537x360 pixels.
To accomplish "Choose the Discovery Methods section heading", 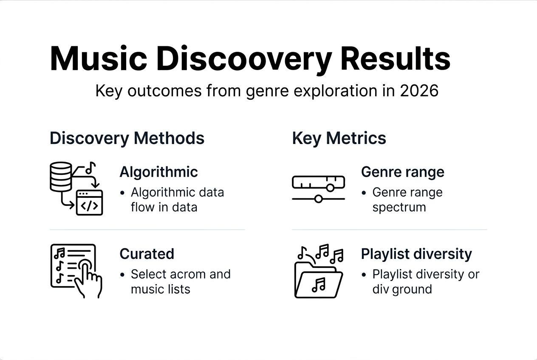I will pyautogui.click(x=127, y=138).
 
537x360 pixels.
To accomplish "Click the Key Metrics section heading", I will pyautogui.click(x=339, y=138).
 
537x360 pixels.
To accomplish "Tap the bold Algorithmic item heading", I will pyautogui.click(x=158, y=172).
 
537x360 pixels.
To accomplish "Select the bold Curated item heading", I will pyautogui.click(x=147, y=254).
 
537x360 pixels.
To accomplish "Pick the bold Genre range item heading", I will pyautogui.click(x=402, y=172).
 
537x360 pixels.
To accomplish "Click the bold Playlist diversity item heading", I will pyautogui.click(x=416, y=254).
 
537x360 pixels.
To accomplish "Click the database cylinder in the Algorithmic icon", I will pyautogui.click(x=61, y=176).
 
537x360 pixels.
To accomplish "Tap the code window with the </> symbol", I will pyautogui.click(x=89, y=203).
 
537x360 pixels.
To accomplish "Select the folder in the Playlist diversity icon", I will pyautogui.click(x=318, y=281).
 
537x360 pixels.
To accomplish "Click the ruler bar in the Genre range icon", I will pyautogui.click(x=318, y=183).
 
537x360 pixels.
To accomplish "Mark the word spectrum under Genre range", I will pyautogui.click(x=399, y=207).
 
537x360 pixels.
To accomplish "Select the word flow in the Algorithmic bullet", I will pyautogui.click(x=143, y=207).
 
